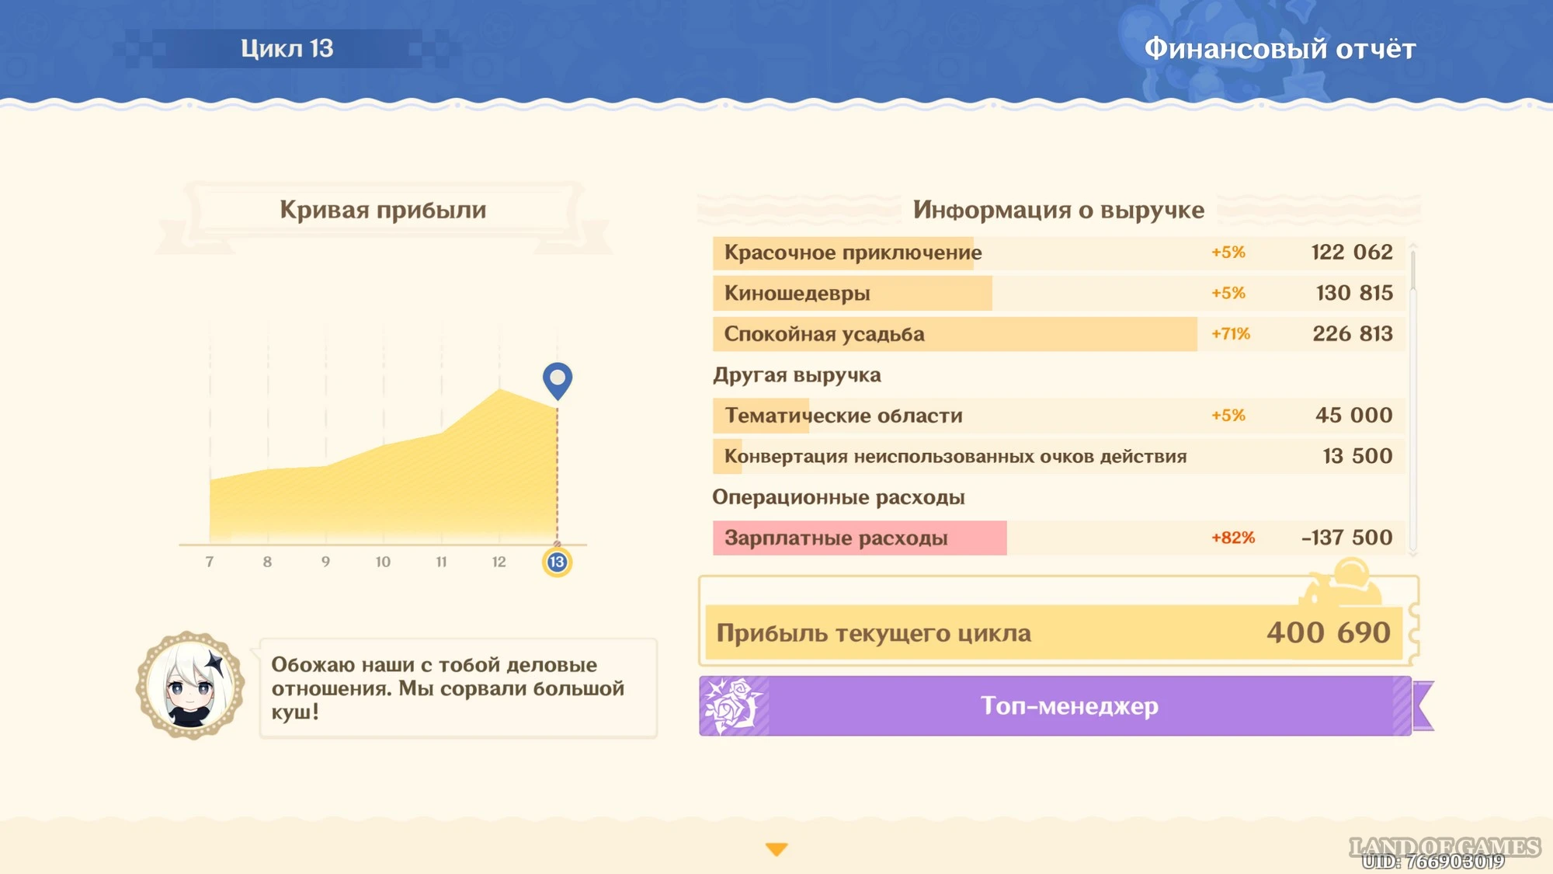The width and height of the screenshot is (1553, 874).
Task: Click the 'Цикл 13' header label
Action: click(x=287, y=48)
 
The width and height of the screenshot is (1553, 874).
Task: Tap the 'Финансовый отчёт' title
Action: click(x=1280, y=49)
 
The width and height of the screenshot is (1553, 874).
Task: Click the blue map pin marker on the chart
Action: click(x=557, y=380)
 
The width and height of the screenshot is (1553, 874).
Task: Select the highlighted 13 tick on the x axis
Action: click(x=557, y=562)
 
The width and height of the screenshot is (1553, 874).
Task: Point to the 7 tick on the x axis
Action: click(x=210, y=562)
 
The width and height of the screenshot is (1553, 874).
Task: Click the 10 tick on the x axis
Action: click(x=383, y=562)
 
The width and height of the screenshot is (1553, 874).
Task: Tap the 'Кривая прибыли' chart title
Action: click(x=383, y=210)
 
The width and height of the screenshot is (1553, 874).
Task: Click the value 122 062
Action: click(x=1352, y=252)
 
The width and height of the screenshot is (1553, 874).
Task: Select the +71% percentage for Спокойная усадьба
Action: click(x=1231, y=334)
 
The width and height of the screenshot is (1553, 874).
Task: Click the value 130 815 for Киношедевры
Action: click(x=1354, y=293)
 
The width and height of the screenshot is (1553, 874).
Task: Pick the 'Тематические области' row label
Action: click(x=843, y=416)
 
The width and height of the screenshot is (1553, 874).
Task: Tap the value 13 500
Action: click(x=1357, y=456)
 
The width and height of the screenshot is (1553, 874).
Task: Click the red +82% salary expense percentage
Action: click(x=1233, y=538)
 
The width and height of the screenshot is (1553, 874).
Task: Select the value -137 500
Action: click(x=1347, y=538)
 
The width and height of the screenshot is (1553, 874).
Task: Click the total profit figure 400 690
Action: click(x=1329, y=632)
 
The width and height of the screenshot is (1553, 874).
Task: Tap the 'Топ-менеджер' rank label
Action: click(x=1069, y=705)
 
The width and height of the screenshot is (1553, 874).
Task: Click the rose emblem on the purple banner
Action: click(x=731, y=705)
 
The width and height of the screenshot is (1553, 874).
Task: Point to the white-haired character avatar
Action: click(x=190, y=685)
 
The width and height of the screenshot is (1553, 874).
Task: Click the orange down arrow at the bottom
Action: click(x=776, y=849)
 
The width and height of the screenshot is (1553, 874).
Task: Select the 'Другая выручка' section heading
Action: click(x=797, y=375)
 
